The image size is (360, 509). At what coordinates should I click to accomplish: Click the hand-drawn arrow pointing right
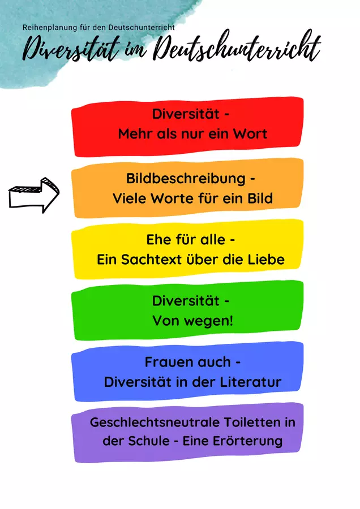34,195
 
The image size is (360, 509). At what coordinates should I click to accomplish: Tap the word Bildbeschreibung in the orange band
186,179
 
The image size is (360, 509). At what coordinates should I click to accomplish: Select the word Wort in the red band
250,133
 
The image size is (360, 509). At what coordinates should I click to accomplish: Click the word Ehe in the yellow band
158,240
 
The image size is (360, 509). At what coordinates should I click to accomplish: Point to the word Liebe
267,260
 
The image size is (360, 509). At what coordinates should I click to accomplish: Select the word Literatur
251,382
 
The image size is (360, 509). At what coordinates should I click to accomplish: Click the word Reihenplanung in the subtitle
50,28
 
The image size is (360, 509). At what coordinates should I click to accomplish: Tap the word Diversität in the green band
186,301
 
